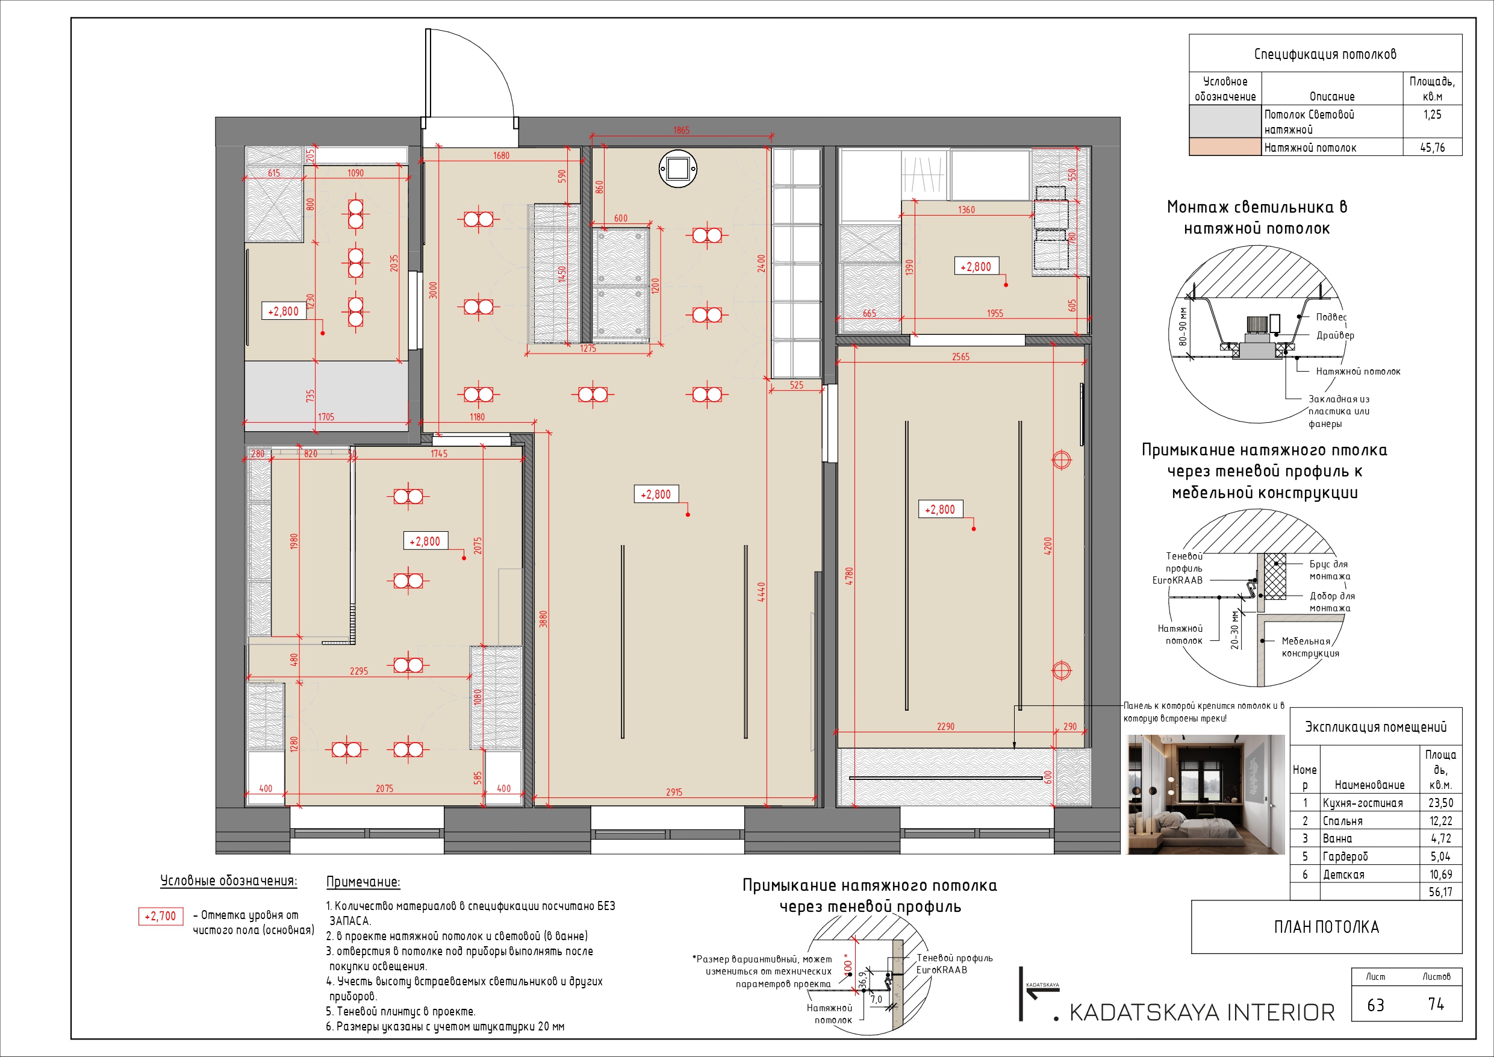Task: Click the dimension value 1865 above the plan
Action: (x=680, y=130)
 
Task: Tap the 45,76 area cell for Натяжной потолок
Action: (x=1431, y=148)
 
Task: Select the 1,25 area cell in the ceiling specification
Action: (x=1431, y=114)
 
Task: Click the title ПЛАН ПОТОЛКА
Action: (x=1326, y=927)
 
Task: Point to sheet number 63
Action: (x=1375, y=1005)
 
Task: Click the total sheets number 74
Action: (x=1436, y=1004)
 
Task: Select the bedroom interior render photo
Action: (x=1206, y=794)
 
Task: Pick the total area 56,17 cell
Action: (x=1440, y=893)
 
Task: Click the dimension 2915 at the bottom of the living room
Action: (x=674, y=792)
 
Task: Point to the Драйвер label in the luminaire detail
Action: (x=1334, y=335)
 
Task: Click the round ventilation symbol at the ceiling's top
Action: (x=677, y=169)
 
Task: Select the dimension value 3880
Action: (x=543, y=619)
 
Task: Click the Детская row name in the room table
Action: (x=1343, y=875)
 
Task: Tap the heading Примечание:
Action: (x=363, y=882)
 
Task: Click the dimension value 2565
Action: (x=960, y=357)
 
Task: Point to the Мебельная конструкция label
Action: (x=1310, y=647)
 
